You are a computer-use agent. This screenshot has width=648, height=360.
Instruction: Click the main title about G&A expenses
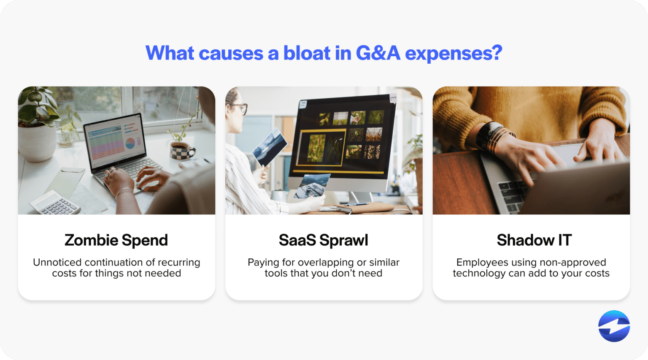(x=324, y=53)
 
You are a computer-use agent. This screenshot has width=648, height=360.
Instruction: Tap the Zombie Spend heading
(x=116, y=240)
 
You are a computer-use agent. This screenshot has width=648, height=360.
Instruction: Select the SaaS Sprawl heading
(x=324, y=240)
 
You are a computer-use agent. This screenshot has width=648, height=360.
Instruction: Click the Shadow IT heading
(x=534, y=240)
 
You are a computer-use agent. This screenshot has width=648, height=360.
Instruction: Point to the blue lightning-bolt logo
(x=614, y=326)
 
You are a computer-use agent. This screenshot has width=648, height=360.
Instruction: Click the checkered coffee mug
(x=182, y=151)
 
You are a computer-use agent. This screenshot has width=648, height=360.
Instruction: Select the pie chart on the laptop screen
(x=130, y=143)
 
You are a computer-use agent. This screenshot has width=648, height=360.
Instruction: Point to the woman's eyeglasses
(x=240, y=108)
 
